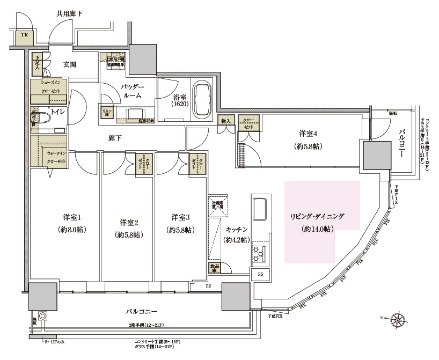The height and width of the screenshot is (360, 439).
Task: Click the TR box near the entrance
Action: click(x=24, y=35)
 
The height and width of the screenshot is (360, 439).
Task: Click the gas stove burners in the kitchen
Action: click(x=258, y=253)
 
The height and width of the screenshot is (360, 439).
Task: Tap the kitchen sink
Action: click(x=259, y=209)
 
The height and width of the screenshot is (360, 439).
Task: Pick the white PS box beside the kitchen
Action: click(x=260, y=274)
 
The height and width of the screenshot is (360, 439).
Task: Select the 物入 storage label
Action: click(x=225, y=121)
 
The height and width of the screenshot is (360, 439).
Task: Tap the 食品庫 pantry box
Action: click(x=214, y=268)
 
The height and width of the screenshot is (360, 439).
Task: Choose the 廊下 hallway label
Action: click(x=115, y=138)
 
